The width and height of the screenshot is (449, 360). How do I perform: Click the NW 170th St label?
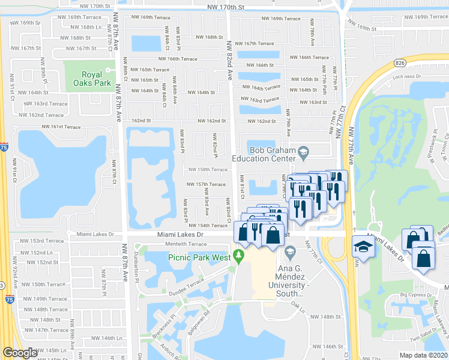pyautogui.click(x=226, y=6)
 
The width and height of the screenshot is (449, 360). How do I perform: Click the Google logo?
pyautogui.click(x=20, y=353)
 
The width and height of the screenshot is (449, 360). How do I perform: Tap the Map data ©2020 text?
pyautogui.click(x=424, y=355)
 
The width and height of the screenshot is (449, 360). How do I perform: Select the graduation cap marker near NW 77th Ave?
pyautogui.click(x=363, y=247)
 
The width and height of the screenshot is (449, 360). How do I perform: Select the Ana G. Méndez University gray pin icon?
pyautogui.click(x=291, y=251)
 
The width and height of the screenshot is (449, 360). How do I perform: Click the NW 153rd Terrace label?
pyautogui.click(x=46, y=241)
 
